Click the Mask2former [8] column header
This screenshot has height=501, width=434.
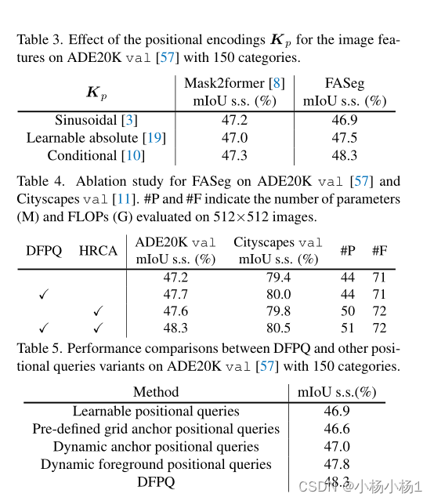pyautogui.click(x=234, y=83)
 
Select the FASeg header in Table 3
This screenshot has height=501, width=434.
pyautogui.click(x=345, y=83)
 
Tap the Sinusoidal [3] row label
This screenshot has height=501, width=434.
pyautogui.click(x=96, y=120)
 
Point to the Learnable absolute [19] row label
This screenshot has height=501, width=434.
pyautogui.click(x=96, y=138)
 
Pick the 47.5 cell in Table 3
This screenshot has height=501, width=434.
pyautogui.click(x=345, y=138)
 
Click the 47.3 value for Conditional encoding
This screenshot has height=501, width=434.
pyautogui.click(x=234, y=155)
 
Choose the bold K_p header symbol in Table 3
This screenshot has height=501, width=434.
pyautogui.click(x=96, y=92)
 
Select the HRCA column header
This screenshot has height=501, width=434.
pyautogui.click(x=98, y=251)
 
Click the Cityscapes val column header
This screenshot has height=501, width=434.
pyautogui.click(x=278, y=242)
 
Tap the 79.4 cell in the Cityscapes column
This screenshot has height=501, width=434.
pyautogui.click(x=278, y=278)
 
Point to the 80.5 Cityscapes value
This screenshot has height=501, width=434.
pyautogui.click(x=278, y=329)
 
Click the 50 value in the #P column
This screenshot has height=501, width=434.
pyautogui.click(x=347, y=311)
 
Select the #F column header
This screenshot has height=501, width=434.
pyautogui.click(x=380, y=251)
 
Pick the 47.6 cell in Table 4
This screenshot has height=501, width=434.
pyautogui.click(x=175, y=311)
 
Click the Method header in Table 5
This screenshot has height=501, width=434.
pyautogui.click(x=156, y=392)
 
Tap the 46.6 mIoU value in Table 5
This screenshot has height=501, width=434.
pyautogui.click(x=337, y=429)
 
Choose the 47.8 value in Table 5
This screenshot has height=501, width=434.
pyautogui.click(x=337, y=464)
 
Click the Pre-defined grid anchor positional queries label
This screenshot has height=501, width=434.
pyautogui.click(x=156, y=429)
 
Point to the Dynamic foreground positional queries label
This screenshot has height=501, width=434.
pyautogui.click(x=156, y=464)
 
